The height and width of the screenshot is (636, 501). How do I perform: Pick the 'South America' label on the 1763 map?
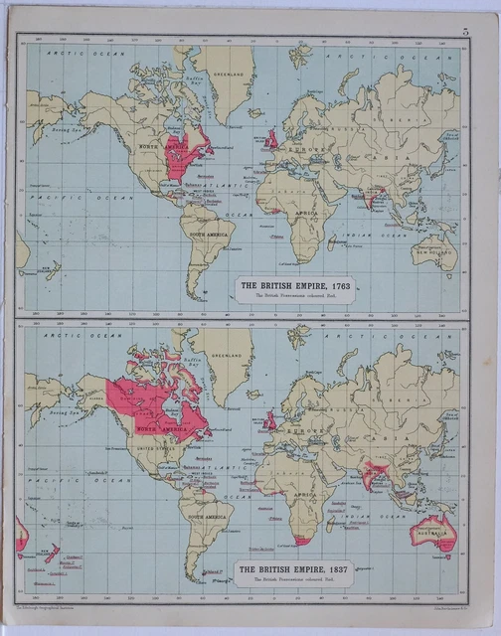click(211, 234)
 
